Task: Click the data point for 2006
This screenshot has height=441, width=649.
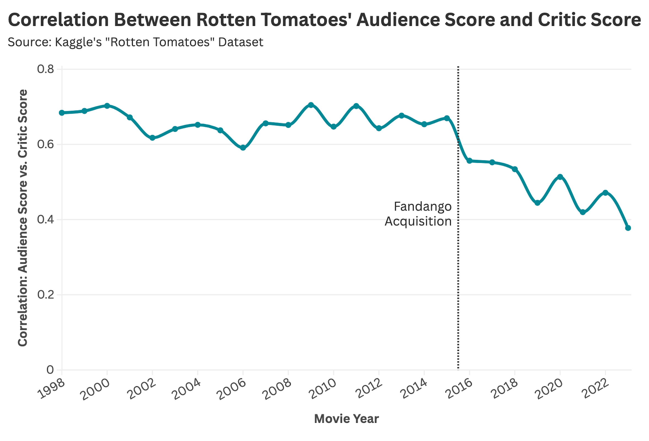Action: pyautogui.click(x=243, y=148)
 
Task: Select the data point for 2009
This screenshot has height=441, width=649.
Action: pyautogui.click(x=311, y=105)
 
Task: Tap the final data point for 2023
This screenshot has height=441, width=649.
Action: pyautogui.click(x=628, y=228)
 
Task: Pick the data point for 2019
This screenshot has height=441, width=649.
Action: pyautogui.click(x=537, y=203)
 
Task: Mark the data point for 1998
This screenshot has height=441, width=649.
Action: pyautogui.click(x=62, y=113)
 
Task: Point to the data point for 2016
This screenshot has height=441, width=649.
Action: pyautogui.click(x=469, y=161)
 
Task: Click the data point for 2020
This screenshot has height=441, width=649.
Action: pyautogui.click(x=560, y=177)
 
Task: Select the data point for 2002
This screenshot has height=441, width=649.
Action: pyautogui.click(x=152, y=138)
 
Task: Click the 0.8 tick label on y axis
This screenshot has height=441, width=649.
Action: pyautogui.click(x=45, y=69)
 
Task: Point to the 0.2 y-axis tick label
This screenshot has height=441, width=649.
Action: pyautogui.click(x=45, y=295)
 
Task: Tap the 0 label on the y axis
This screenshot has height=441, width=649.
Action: pyautogui.click(x=50, y=370)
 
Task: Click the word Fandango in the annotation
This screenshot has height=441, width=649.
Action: pyautogui.click(x=422, y=207)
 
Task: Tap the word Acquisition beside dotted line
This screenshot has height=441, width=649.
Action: pyautogui.click(x=418, y=222)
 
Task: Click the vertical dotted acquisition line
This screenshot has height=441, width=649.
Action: pyautogui.click(x=458, y=279)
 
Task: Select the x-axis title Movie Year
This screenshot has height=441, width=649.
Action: pyautogui.click(x=346, y=419)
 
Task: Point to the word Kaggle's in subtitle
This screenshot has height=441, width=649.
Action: pyautogui.click(x=78, y=42)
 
